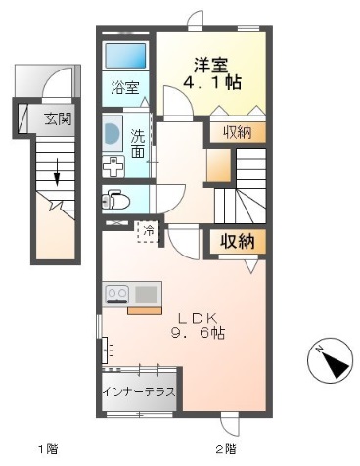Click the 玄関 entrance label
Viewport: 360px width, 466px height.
[x=57, y=119]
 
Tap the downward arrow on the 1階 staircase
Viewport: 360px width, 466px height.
[x=57, y=175]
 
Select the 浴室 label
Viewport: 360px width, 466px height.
[x=124, y=87]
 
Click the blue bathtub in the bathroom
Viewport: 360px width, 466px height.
[x=125, y=56]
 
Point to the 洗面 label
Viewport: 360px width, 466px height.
[x=138, y=144]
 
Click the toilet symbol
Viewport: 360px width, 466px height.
[x=115, y=203]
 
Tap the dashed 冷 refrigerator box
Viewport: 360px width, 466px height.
[x=148, y=232]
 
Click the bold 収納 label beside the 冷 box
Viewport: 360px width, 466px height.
[x=235, y=240]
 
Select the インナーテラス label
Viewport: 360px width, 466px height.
[x=138, y=391]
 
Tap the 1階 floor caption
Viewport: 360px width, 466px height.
[x=47, y=449]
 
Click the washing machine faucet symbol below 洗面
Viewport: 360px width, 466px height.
[x=113, y=165]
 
